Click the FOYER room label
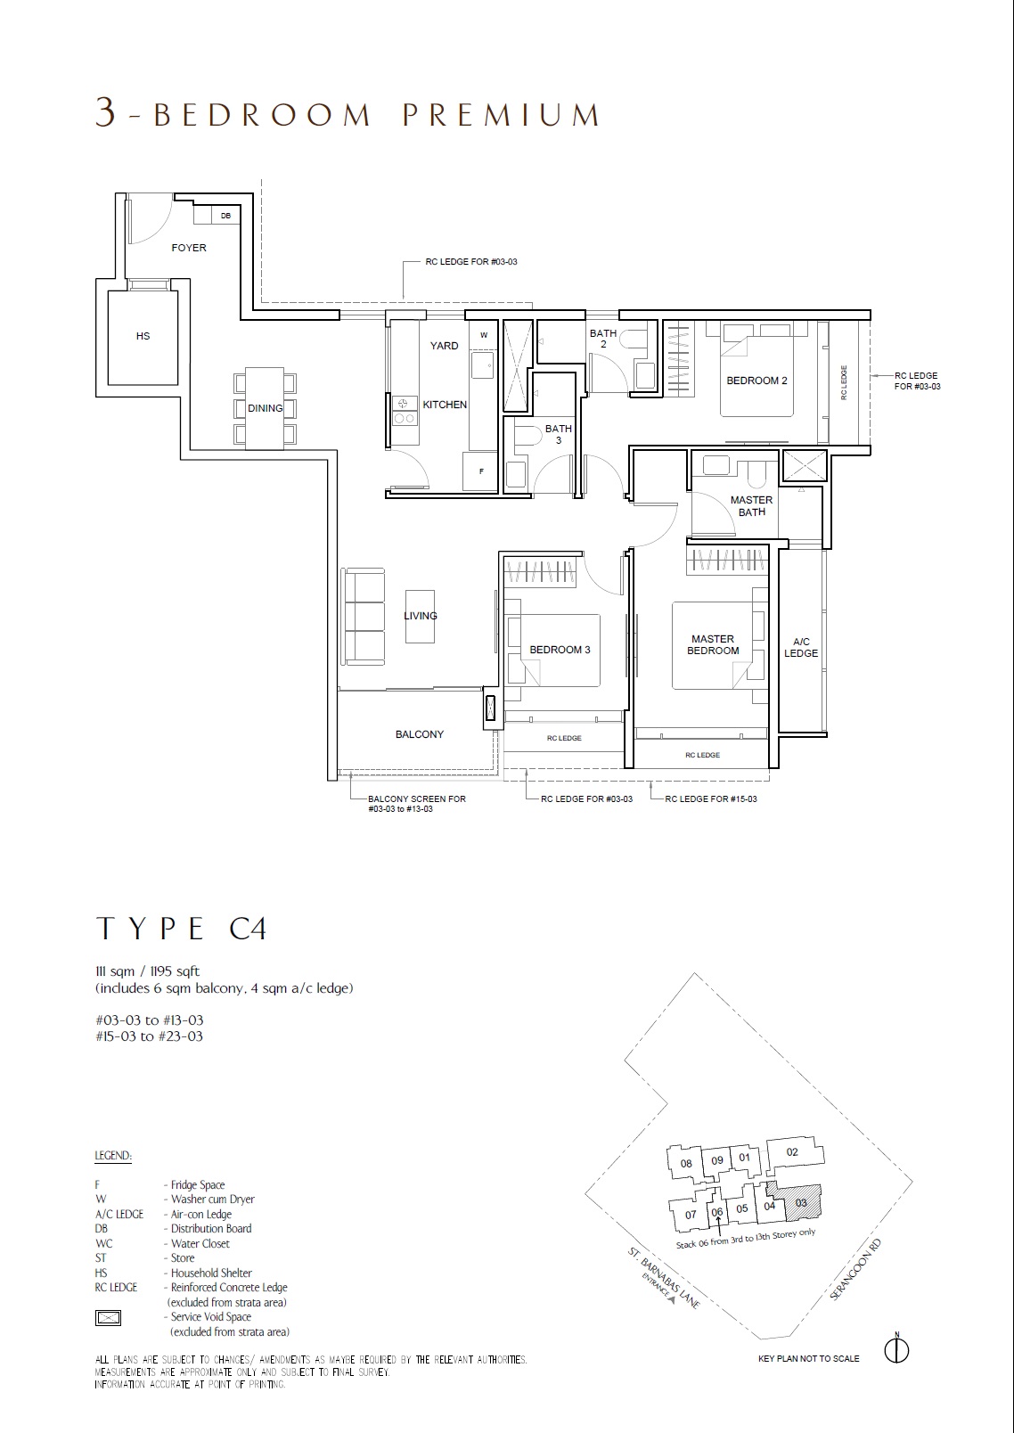click(x=189, y=248)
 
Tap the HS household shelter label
click(x=143, y=336)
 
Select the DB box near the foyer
click(x=225, y=216)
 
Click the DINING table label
click(x=265, y=408)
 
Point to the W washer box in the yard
click(x=484, y=335)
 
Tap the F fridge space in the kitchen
click(x=481, y=471)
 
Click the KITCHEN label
click(x=445, y=405)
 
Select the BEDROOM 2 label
click(x=756, y=381)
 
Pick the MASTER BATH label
click(x=752, y=505)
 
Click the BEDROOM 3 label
click(x=560, y=650)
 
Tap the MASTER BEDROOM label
click(x=713, y=644)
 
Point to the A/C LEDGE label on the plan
click(x=801, y=647)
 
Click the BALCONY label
click(x=419, y=734)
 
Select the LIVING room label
click(x=421, y=616)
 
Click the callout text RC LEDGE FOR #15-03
click(x=711, y=799)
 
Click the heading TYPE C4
click(x=181, y=929)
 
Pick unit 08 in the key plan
click(x=686, y=1164)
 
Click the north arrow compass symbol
click(x=897, y=1351)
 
